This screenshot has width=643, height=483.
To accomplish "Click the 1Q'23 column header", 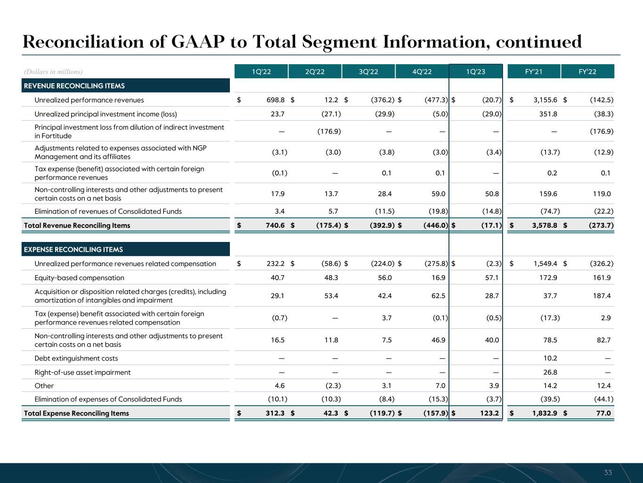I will [x=476, y=72].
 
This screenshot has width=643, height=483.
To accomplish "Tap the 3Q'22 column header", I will [x=368, y=72].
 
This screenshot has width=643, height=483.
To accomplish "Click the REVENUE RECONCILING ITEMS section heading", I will [x=74, y=86].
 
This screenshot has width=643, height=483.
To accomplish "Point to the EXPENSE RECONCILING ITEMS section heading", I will [x=73, y=250].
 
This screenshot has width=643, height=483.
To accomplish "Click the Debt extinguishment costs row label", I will [x=76, y=358].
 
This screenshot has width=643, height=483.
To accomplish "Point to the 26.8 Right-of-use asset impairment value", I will [x=550, y=373].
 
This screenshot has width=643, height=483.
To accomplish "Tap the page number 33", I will [x=608, y=473].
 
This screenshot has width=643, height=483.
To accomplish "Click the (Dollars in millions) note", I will [x=53, y=72].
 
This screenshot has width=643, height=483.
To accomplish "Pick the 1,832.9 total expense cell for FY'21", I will [x=545, y=413].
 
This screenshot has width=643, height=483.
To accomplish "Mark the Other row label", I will [x=44, y=386].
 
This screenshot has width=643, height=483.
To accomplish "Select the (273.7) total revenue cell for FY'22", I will [x=601, y=225].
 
